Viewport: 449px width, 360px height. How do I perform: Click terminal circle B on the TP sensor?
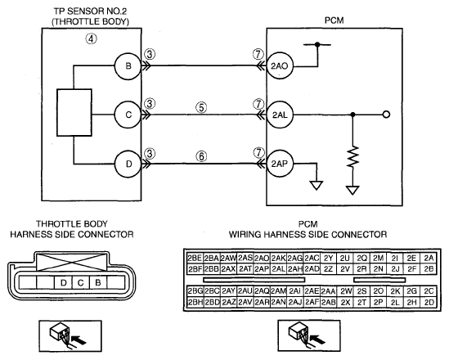tap(128, 66)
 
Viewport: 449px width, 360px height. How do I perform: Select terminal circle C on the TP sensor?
tap(128, 115)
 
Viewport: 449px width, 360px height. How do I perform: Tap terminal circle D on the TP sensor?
tap(128, 164)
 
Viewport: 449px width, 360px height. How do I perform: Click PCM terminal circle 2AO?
tap(280, 65)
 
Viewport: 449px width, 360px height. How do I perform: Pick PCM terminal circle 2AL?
tap(280, 115)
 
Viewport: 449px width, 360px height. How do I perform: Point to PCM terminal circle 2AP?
tap(280, 164)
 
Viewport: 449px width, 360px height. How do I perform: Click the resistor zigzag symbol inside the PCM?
tap(352, 156)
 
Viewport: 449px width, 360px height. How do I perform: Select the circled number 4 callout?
tap(91, 38)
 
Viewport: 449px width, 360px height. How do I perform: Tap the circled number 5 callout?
tap(201, 108)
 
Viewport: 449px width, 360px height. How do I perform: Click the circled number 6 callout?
tap(201, 156)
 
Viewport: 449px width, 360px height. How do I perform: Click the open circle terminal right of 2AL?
tap(386, 115)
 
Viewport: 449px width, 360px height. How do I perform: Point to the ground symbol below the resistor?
tap(352, 190)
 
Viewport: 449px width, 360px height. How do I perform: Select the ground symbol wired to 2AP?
tap(317, 185)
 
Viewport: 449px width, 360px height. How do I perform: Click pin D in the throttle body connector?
tap(63, 282)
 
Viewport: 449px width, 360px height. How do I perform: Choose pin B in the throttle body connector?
tap(98, 282)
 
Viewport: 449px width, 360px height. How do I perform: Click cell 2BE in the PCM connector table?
tap(195, 259)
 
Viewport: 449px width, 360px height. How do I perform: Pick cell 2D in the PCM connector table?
tap(429, 303)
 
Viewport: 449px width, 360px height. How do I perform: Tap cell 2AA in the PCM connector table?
tap(329, 291)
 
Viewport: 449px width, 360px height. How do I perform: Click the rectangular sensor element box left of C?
tap(74, 112)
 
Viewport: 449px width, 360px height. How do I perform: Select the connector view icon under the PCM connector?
tap(309, 336)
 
